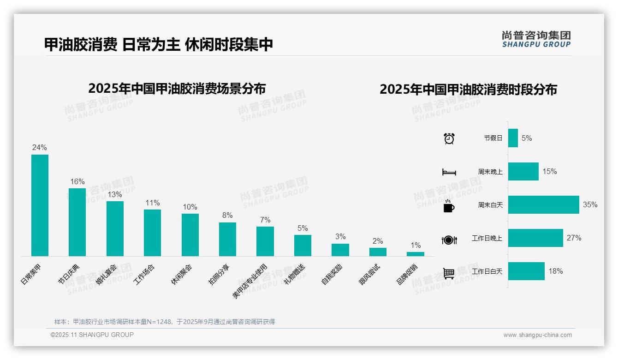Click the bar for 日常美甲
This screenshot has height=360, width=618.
point(40,205)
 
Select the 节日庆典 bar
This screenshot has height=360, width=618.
point(77,222)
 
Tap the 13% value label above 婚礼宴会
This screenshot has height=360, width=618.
point(115,194)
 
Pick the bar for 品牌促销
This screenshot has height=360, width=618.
point(415,254)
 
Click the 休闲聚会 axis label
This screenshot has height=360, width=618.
point(182,274)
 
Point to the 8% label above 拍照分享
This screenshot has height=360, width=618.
point(227,216)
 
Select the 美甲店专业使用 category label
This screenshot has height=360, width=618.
point(250,282)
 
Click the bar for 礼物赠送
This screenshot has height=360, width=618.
point(303,246)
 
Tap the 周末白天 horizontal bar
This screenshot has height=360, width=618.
point(543,204)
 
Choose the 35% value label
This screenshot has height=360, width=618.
point(590,204)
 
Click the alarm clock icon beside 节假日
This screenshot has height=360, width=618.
point(449,138)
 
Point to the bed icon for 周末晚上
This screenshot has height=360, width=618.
point(449,172)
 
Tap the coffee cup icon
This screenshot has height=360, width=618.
point(449,206)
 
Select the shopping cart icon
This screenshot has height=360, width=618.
point(449,273)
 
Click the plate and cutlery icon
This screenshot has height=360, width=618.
point(449,240)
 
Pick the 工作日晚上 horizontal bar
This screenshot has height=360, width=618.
point(535,238)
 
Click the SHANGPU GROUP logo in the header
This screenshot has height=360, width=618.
point(536,39)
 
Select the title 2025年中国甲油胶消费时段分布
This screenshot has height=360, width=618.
point(468,89)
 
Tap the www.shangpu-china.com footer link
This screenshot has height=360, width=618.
point(537,335)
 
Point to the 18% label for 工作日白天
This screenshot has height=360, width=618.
point(556,271)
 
